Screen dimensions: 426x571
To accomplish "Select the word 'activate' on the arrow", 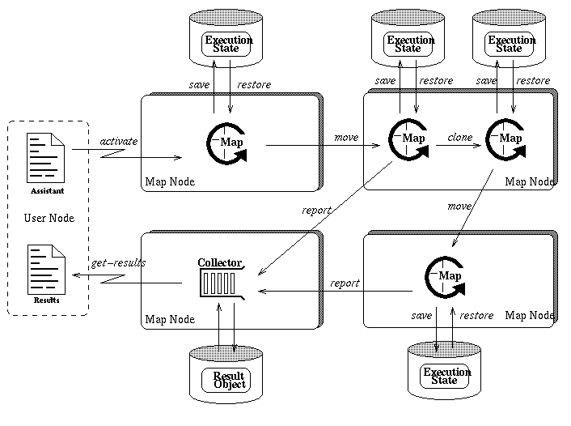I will pos(118,142).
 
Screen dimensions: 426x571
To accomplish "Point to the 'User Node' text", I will pos(49,218).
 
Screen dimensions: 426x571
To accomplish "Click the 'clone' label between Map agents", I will pos(459,138).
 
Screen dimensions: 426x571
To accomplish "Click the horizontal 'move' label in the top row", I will pos(346,138).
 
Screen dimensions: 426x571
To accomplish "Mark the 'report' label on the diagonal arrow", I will pos(316,211).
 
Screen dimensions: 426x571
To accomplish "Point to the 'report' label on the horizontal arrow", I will pos(345,283).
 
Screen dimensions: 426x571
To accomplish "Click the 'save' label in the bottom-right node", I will pos(421,315).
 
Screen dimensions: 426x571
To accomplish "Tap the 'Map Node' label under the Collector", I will pos(170,319).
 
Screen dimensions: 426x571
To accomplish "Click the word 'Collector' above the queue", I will pos(221,262).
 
